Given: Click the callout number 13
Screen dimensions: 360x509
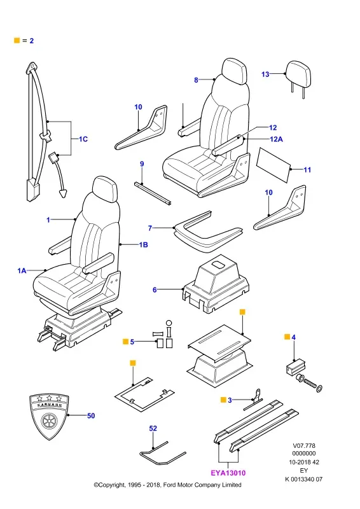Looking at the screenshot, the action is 265,74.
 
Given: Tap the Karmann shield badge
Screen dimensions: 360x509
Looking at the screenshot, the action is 49,416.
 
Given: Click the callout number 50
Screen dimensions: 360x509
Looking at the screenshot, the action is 91,415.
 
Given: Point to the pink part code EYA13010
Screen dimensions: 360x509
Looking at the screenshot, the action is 228,473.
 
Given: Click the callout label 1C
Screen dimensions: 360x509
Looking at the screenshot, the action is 83,139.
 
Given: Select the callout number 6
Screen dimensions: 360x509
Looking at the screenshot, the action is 155,289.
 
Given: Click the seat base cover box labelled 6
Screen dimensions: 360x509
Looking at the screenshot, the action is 216,283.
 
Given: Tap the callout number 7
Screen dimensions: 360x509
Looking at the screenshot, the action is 150,228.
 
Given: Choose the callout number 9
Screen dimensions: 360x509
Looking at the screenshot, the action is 142,164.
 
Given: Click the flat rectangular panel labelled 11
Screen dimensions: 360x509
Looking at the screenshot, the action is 273,165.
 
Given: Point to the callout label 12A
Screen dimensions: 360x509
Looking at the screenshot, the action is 276,139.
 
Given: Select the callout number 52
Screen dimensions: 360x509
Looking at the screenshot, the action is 153,428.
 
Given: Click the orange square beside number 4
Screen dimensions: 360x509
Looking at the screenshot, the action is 287,337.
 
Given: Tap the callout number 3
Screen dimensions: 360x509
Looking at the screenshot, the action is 230,400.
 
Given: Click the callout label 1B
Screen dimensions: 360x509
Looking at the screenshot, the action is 143,244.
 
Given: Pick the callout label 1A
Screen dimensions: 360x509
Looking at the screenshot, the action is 22,270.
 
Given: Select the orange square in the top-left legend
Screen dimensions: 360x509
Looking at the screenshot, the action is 17,40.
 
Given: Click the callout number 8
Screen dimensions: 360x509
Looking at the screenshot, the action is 196,80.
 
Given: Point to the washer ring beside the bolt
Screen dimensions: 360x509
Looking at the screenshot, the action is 319,388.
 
